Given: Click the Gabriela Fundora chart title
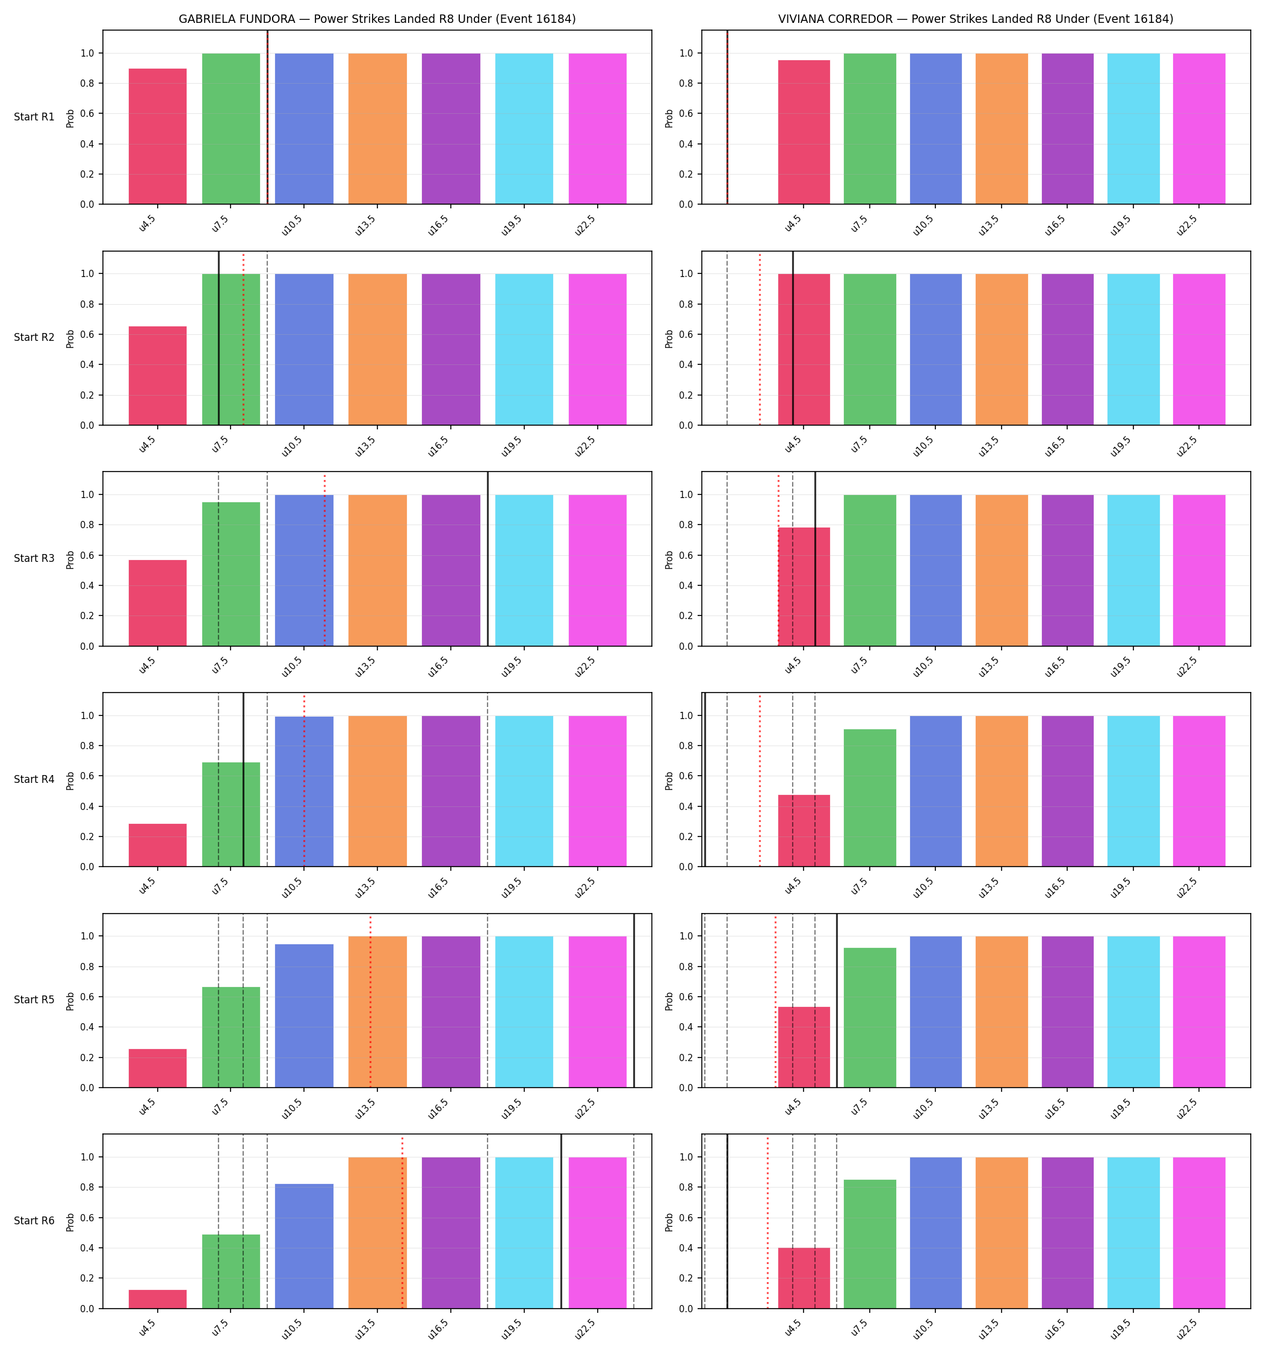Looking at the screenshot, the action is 377,19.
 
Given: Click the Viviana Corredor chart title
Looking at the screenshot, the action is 976,19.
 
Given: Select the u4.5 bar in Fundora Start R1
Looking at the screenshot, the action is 158,136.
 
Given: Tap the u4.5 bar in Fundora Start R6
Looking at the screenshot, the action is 158,1299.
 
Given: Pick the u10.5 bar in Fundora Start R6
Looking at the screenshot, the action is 304,1246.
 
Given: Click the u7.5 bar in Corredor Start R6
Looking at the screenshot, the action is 870,1244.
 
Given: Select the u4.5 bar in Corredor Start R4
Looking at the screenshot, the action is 804,831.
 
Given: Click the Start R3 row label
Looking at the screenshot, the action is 34,558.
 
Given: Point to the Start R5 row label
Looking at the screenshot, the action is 34,1000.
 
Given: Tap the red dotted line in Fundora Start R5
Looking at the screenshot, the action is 371,1002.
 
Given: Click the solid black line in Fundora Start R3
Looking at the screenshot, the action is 488,559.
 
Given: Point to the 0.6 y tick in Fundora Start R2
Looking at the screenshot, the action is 87,335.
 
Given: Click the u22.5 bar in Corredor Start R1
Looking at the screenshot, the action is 1198,129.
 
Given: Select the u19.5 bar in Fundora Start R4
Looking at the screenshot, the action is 524,791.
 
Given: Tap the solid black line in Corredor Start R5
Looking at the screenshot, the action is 837,1000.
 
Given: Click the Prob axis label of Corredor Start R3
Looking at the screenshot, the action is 669,559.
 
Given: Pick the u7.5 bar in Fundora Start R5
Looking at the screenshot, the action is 231,1038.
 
